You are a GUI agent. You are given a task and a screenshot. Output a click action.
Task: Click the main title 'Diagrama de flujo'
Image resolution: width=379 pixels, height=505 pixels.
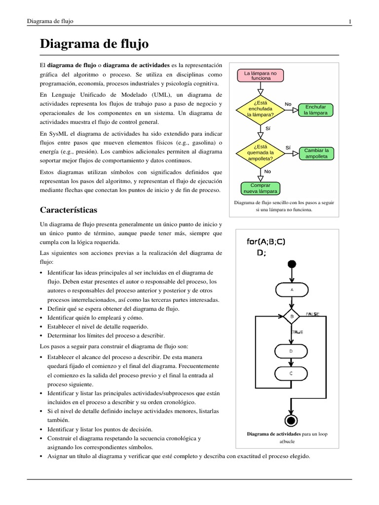[x=94, y=44]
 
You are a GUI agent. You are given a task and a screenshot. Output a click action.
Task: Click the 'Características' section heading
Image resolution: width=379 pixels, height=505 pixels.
[x=69, y=210]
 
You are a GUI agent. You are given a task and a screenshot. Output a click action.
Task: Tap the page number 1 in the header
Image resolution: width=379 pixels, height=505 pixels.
[x=350, y=21]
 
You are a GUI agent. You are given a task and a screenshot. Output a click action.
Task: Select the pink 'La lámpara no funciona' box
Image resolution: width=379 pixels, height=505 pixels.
[x=261, y=75]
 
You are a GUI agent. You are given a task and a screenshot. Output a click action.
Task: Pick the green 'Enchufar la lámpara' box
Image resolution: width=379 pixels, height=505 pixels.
[x=315, y=109]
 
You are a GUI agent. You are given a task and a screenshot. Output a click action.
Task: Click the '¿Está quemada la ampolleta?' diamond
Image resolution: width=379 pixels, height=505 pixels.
[x=261, y=153]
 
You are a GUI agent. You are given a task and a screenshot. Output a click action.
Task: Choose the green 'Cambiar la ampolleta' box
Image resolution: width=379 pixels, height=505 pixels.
[x=316, y=153]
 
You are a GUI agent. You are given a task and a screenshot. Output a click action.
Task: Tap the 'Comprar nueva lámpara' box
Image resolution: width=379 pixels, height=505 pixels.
[x=261, y=188]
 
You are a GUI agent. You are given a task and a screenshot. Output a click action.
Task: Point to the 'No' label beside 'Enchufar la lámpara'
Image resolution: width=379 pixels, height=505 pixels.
[x=288, y=104]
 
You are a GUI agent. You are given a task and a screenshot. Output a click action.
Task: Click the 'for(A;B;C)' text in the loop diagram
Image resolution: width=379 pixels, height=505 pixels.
[x=266, y=242]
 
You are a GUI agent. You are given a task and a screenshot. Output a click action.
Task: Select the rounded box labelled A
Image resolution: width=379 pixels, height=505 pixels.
[x=291, y=290]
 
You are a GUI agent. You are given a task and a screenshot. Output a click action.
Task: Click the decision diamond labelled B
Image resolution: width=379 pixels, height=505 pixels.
[x=292, y=316]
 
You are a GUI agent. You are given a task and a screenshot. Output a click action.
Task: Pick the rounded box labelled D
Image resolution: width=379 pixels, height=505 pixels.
[x=291, y=351]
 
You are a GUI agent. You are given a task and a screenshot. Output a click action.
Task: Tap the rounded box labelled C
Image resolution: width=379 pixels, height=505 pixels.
[x=291, y=373]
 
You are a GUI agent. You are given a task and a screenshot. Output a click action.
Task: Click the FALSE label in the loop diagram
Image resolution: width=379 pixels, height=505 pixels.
[x=313, y=314]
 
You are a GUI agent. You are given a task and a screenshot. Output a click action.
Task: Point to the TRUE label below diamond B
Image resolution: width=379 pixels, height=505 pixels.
[x=297, y=332]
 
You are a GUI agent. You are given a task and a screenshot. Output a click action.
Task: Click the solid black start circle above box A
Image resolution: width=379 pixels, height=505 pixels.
[x=292, y=264]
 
